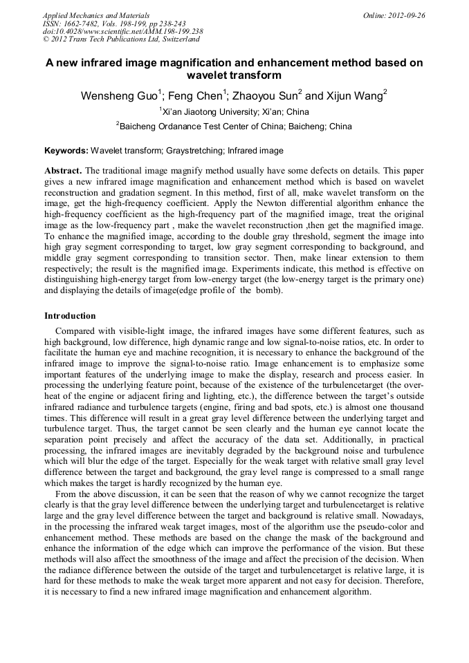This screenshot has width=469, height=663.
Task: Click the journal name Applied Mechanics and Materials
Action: pos(96,15)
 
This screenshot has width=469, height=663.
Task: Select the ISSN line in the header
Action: pos(114,24)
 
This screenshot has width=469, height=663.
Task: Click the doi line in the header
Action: pos(123,32)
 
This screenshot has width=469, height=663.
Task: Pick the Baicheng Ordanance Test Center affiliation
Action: pos(234,127)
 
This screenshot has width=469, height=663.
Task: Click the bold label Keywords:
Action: pos(66,151)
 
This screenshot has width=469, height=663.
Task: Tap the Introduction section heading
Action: pos(70,316)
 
